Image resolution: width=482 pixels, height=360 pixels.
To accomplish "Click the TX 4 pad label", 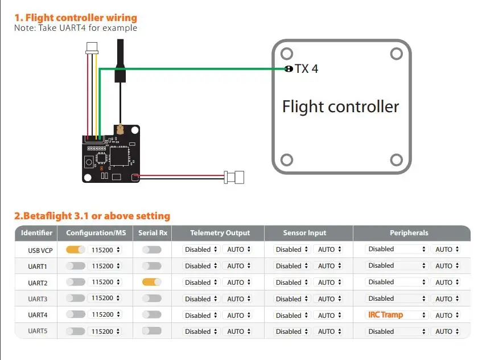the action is coord(307,68).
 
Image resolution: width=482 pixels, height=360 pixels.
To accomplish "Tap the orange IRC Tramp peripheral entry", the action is coord(385,315).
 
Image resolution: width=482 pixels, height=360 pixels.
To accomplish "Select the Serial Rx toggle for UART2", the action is coord(151,282).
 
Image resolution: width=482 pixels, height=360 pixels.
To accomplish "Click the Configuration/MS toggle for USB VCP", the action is coord(76,249).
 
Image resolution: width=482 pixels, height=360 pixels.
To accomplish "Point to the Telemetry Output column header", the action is coord(220,233).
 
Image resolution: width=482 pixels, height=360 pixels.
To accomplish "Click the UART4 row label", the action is coord(38,315).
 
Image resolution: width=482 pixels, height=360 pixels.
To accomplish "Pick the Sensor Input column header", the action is coord(304,233).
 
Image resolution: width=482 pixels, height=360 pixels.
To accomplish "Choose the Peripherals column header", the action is coord(409,233).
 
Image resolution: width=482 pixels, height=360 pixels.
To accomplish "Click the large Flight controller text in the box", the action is coord(341,107).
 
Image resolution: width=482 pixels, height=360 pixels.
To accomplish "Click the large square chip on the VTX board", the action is coord(120,156).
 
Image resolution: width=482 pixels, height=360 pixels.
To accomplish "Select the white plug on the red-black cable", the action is coord(234,177).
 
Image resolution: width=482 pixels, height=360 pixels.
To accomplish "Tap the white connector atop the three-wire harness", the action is coord(92,48).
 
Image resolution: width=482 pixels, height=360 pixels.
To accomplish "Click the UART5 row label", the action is coord(38,331).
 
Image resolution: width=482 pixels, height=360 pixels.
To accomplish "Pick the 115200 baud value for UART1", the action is coord(102,266).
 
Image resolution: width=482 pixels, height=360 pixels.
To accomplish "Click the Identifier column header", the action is coord(36,233).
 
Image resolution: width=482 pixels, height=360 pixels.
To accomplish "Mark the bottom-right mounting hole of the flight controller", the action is coord(396,160).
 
